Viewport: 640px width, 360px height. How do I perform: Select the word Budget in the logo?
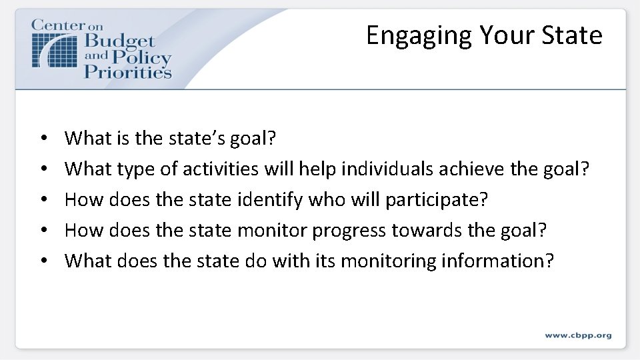tap(119, 42)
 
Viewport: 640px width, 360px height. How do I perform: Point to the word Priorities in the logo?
tap(127, 71)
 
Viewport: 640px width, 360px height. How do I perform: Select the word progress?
tap(349, 231)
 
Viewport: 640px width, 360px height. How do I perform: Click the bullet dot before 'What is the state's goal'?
tap(43, 139)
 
